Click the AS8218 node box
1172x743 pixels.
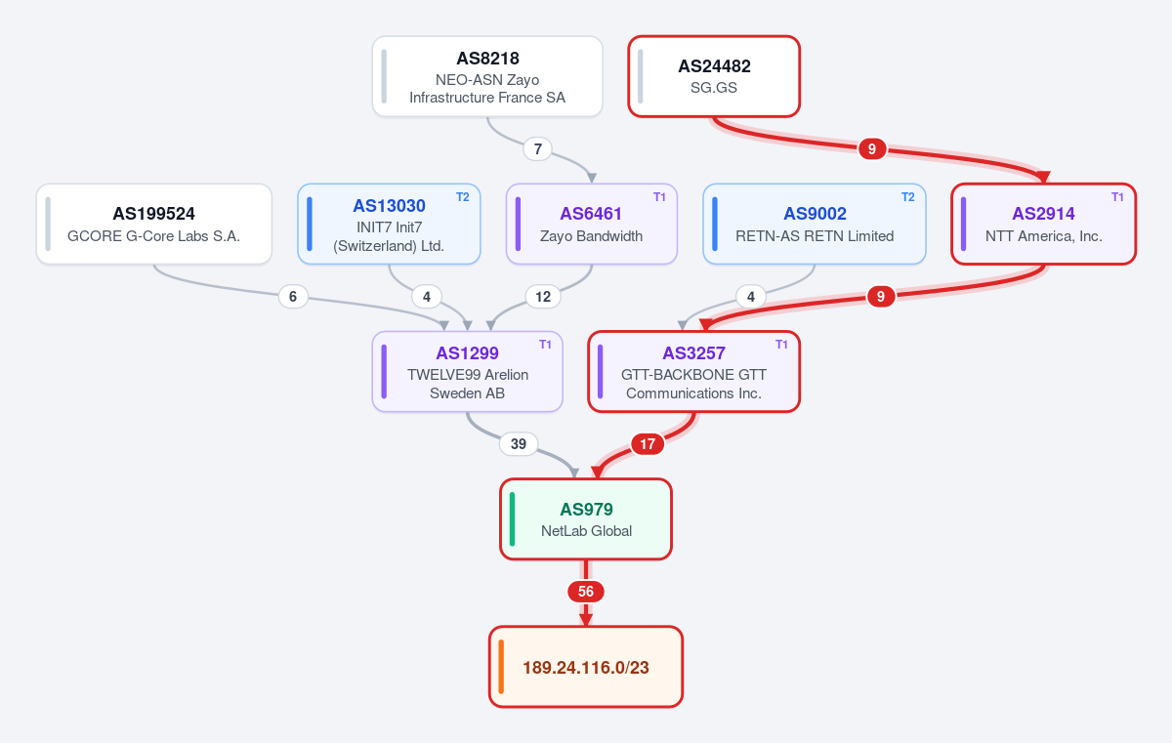point(487,76)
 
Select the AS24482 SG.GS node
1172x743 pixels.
point(714,76)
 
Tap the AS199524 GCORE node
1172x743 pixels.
point(154,224)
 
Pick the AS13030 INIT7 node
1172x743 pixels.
point(389,224)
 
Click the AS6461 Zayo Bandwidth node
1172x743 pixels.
point(591,224)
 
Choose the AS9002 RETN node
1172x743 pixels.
point(815,224)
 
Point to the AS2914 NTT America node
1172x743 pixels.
point(1043,224)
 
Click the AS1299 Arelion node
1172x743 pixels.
point(467,371)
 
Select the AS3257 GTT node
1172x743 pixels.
point(693,371)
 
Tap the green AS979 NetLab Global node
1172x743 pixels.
point(585,518)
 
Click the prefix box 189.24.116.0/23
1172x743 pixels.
point(585,667)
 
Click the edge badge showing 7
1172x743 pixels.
point(537,149)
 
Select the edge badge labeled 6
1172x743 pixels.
point(293,297)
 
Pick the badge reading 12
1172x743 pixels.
point(543,297)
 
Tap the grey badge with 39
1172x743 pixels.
point(518,444)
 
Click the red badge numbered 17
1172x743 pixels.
point(648,444)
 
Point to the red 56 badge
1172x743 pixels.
point(585,592)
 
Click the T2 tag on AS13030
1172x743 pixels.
point(463,197)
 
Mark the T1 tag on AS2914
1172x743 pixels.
point(1117,197)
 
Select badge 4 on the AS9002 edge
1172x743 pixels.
point(751,297)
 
